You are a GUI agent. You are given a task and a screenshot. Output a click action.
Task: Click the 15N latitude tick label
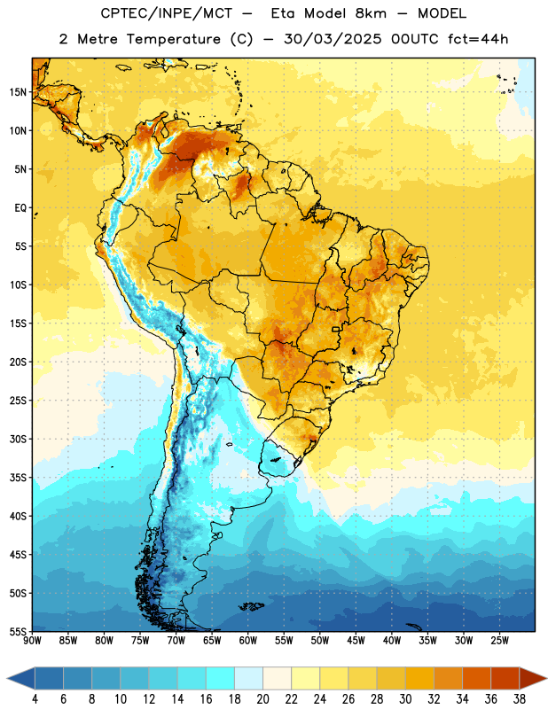[18, 92]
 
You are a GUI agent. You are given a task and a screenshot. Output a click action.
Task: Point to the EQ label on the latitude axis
[20, 208]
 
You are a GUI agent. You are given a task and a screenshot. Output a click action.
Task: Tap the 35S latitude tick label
[18, 478]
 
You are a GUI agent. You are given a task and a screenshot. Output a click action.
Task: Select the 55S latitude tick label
[18, 631]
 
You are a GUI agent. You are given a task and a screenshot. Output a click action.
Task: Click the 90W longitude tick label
[32, 641]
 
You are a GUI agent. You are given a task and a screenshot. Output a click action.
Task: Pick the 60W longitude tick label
[248, 641]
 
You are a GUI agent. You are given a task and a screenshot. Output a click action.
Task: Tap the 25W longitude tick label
[499, 641]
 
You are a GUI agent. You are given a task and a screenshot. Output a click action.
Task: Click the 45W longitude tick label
[356, 641]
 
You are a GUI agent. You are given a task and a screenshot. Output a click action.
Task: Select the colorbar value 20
[262, 699]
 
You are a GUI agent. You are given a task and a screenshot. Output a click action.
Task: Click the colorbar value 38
[520, 699]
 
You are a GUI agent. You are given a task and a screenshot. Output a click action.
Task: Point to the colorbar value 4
[35, 699]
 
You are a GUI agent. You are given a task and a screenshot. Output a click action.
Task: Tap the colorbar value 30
[405, 699]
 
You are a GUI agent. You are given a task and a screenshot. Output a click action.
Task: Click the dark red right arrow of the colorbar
[532, 678]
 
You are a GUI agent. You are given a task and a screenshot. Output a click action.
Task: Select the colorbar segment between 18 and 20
[248, 678]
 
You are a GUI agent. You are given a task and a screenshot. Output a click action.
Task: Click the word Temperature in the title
[174, 39]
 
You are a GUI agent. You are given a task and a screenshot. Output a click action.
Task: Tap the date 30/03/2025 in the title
[333, 39]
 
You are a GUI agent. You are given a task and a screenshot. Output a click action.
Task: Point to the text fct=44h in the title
[478, 39]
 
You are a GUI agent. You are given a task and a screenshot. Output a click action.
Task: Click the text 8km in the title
[371, 14]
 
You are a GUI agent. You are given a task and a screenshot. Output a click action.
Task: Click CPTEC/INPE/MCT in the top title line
[167, 14]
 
